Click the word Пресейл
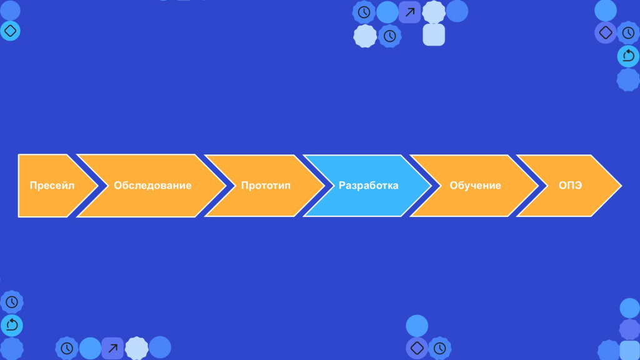[52, 185]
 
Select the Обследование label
[152, 185]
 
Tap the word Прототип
[266, 185]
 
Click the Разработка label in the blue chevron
[369, 185]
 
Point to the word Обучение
[475, 185]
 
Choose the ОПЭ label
[570, 185]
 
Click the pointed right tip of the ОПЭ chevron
[621, 186]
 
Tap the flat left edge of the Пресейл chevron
[19, 186]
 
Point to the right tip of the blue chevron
[431, 186]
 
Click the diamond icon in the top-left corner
[10, 31]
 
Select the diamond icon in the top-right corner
[605, 32]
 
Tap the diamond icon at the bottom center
[417, 347]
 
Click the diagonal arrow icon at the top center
[410, 12]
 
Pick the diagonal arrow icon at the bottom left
[112, 348]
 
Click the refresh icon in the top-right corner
[628, 56]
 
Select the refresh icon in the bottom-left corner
[12, 325]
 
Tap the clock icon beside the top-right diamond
[628, 32]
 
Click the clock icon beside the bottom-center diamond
[439, 348]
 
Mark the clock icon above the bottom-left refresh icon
[12, 302]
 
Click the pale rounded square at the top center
[434, 35]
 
